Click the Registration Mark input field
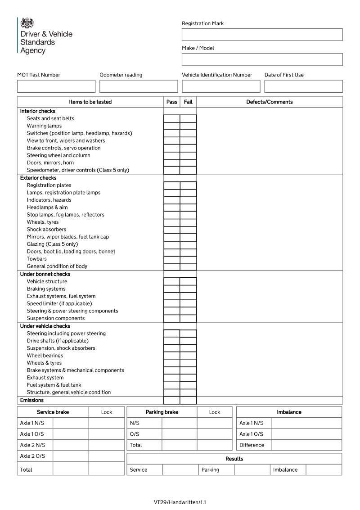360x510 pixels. [x=262, y=35]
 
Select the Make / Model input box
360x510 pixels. [x=262, y=59]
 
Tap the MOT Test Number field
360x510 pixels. [x=56, y=86]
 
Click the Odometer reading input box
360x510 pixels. [x=139, y=86]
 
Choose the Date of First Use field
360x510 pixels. [x=303, y=86]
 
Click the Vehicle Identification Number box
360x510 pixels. [x=221, y=86]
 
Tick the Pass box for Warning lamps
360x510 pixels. [x=172, y=126]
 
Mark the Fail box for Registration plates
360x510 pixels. [x=188, y=185]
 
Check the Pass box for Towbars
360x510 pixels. [x=172, y=259]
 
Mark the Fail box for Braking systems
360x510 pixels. [x=188, y=289]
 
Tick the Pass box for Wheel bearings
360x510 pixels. [x=172, y=356]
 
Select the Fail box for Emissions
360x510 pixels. [x=188, y=400]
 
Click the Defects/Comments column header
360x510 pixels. [x=269, y=102]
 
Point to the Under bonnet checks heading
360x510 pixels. [x=45, y=274]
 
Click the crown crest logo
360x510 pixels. [x=27, y=23]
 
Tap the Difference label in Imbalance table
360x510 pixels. [x=252, y=445]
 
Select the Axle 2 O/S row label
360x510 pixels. [x=33, y=456]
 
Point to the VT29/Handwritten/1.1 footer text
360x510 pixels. [x=180, y=502]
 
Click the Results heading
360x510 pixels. [x=234, y=459]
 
